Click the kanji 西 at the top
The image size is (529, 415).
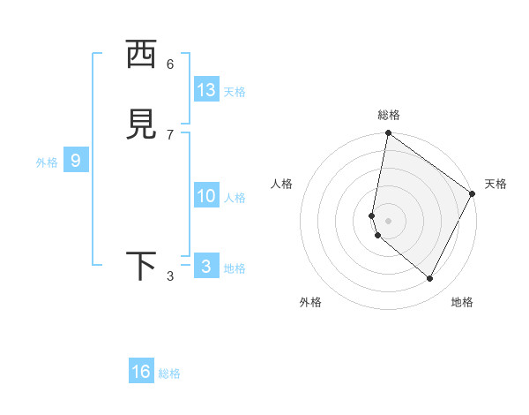[141, 55]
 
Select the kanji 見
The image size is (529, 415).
[141, 125]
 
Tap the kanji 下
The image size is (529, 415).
[141, 267]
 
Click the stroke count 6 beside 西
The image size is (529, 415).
[170, 64]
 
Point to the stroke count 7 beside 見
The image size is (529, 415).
[170, 134]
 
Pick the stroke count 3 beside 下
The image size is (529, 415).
[170, 276]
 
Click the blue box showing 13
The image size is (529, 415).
[206, 90]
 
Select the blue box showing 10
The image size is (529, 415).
[206, 196]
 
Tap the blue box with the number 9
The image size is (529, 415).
[76, 161]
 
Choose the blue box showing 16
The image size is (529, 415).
[141, 372]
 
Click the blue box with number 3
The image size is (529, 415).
[206, 267]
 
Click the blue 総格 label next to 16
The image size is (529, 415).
[169, 373]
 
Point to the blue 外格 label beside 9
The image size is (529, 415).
[47, 162]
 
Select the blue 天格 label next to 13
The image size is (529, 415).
[235, 92]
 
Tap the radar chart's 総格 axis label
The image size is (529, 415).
[389, 115]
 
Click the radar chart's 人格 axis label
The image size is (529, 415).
[282, 184]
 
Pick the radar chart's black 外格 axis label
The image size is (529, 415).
[310, 303]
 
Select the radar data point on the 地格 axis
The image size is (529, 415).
[429, 278]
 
